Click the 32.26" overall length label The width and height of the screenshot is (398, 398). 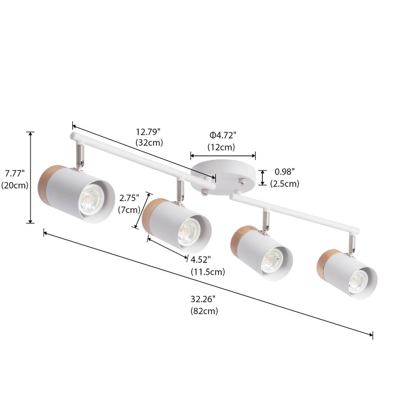203,299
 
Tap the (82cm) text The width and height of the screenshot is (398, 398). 204,311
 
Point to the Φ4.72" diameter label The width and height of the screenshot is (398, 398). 223,135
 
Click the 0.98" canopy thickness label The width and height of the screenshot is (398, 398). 285,171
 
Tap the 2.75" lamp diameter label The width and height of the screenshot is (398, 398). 129,198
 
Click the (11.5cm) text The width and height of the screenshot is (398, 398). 208,272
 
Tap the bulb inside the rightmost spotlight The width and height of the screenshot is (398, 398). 358,281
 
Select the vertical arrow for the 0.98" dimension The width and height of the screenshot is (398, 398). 263,178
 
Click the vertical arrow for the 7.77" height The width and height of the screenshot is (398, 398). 30,177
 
